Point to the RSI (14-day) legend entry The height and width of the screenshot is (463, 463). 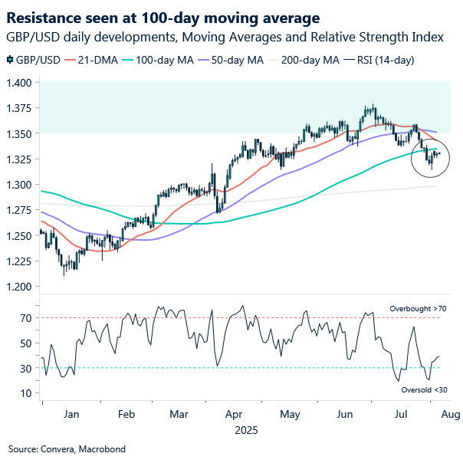click(x=383, y=60)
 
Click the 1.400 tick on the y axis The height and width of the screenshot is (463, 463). click(x=20, y=82)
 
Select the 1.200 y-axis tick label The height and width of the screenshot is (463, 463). click(x=20, y=287)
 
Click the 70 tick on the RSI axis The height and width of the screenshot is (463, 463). click(x=25, y=317)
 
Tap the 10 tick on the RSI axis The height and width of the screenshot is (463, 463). click(x=25, y=393)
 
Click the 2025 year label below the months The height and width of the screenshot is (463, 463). click(x=247, y=430)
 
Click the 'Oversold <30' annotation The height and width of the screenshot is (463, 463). click(x=423, y=389)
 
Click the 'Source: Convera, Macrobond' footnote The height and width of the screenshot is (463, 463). click(x=67, y=449)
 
